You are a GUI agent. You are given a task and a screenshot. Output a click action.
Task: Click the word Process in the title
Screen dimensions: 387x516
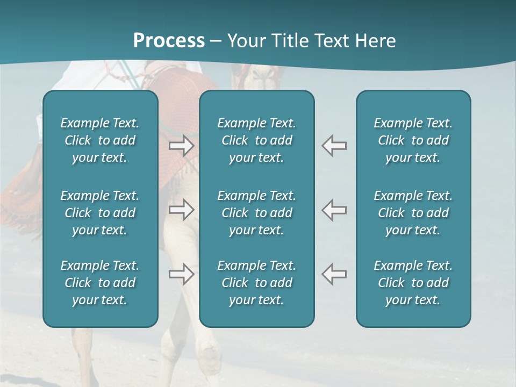(169, 41)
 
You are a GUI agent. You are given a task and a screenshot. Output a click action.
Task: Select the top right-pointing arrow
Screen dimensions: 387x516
(182, 146)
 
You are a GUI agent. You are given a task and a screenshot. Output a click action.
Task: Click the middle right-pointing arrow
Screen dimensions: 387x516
(182, 210)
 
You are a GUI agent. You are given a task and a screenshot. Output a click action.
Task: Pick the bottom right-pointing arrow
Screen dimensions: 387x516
(182, 274)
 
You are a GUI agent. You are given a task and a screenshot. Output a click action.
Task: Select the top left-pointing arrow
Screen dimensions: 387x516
(334, 146)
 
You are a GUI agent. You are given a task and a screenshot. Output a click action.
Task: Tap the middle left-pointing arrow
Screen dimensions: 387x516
(334, 210)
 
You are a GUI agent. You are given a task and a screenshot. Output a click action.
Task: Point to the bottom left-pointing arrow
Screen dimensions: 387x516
(334, 274)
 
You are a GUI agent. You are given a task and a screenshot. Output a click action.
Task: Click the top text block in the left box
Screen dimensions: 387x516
(100, 140)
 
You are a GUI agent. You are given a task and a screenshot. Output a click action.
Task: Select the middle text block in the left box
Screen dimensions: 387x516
(100, 213)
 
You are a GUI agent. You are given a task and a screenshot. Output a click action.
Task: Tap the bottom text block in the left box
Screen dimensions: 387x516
(100, 283)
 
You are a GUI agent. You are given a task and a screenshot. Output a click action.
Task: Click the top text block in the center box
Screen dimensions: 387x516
(256, 140)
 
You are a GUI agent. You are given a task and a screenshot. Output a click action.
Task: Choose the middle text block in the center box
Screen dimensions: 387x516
(256, 213)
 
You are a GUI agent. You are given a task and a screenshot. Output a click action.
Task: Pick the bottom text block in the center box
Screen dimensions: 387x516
(256, 283)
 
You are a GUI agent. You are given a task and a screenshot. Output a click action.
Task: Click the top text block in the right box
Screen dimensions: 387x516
(413, 140)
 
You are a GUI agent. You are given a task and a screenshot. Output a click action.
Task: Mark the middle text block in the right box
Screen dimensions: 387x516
(413, 213)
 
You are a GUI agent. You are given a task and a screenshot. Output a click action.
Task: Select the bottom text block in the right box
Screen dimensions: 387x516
(413, 283)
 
